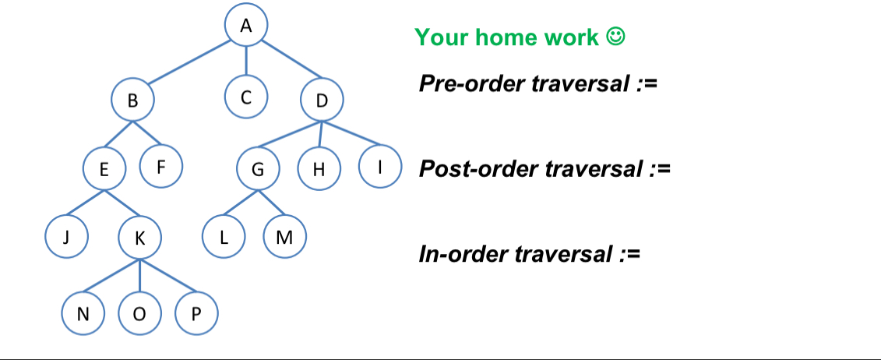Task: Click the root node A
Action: [x=246, y=26]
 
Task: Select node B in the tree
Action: [x=132, y=100]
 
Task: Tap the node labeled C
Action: [x=246, y=97]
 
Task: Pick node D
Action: [x=322, y=101]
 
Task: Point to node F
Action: [x=160, y=165]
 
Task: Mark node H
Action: [x=318, y=170]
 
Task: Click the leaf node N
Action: [x=83, y=313]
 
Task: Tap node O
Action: [x=140, y=313]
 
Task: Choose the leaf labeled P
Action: [x=196, y=313]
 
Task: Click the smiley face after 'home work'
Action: [x=615, y=37]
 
